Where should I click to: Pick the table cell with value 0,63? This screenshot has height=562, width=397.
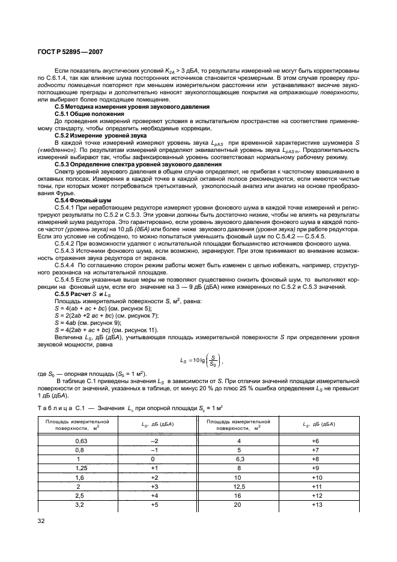coord(79,441)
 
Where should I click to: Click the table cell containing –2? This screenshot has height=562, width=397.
coord(154,441)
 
